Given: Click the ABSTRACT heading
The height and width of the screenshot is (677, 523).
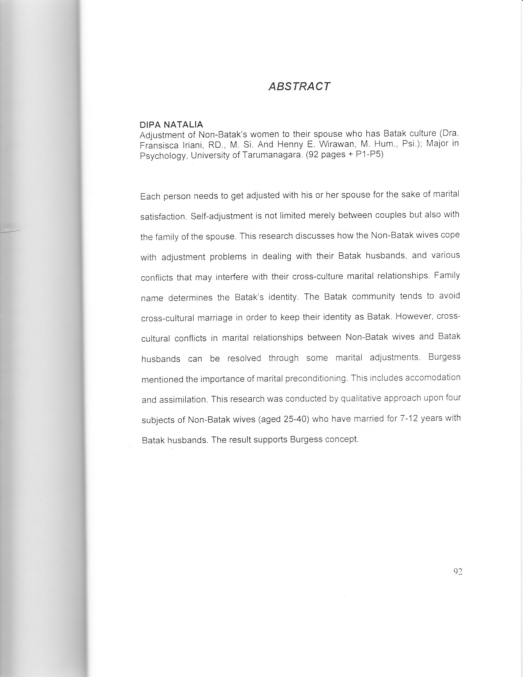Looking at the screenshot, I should [299, 87].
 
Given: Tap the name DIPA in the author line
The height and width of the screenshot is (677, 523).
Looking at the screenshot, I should [150, 125].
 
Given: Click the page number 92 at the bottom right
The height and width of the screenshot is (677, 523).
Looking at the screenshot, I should [457, 571].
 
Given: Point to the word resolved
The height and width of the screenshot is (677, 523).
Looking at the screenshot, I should [244, 358].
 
